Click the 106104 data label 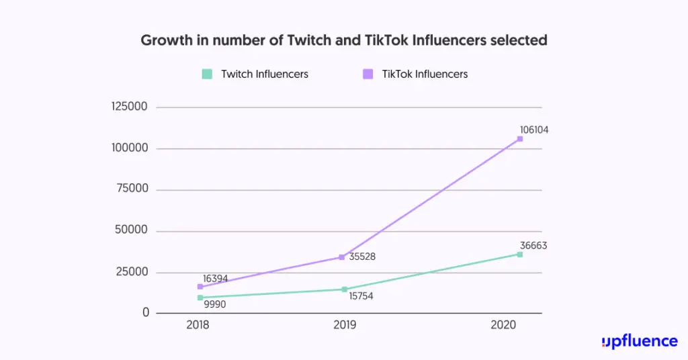(534, 130)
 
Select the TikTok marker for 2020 (519, 139)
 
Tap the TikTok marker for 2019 (342, 257)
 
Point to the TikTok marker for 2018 (200, 287)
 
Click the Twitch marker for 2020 (519, 254)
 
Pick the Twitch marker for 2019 (345, 289)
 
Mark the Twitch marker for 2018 (200, 298)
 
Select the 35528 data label (362, 257)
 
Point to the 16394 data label (218, 279)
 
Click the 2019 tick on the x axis (345, 325)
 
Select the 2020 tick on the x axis (503, 325)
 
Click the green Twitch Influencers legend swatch (208, 74)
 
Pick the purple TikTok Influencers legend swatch (368, 74)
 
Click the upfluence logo (640, 341)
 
